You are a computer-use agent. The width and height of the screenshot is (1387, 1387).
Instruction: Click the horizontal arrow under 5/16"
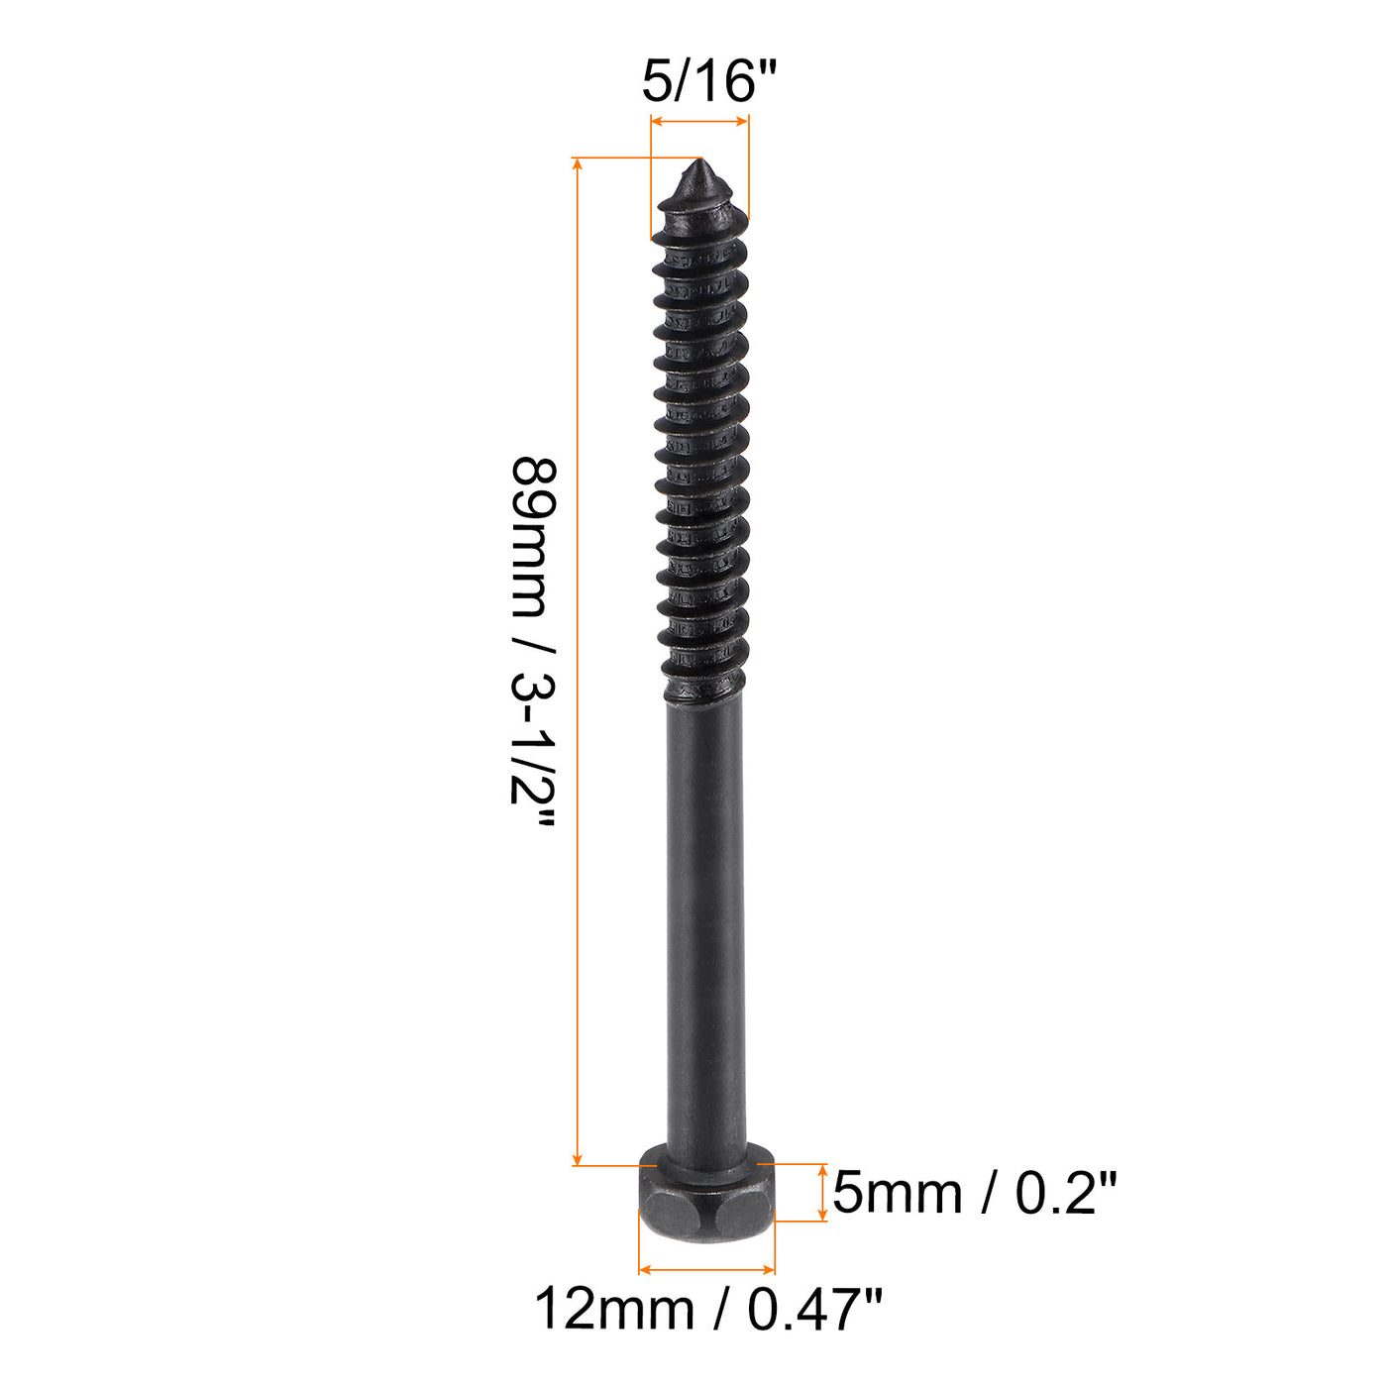(x=699, y=122)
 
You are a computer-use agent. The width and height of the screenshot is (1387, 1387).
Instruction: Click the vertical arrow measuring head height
(x=821, y=1193)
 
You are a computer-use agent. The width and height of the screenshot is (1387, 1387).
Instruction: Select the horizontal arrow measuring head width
(x=706, y=1268)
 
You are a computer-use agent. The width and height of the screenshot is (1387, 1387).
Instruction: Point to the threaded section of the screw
(x=701, y=446)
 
